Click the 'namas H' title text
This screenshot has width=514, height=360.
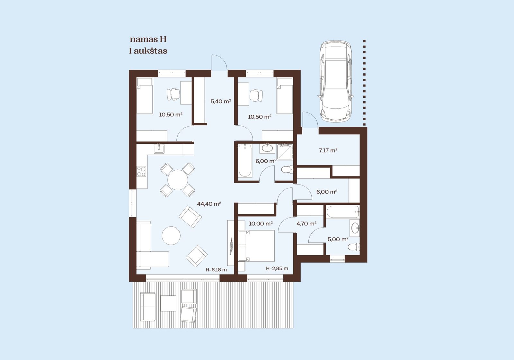pos(148,40)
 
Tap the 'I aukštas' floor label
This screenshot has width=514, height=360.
pos(148,51)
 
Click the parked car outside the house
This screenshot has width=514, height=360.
pos(336,81)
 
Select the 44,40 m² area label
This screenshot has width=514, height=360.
pos(209,204)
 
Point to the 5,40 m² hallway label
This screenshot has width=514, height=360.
pos(220,101)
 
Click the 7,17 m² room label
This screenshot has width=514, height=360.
pos(328,151)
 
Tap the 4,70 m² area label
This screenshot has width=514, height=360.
pos(306,223)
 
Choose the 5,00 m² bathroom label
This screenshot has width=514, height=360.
pos(338,239)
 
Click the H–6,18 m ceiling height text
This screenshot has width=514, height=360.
pos(216,270)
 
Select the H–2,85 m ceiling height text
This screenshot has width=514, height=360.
pos(277,268)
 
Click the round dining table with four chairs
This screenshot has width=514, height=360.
pos(178,180)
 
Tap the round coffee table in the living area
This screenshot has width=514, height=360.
pos(171,236)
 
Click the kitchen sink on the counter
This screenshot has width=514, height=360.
pos(159,148)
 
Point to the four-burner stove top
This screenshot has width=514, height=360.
pos(141,172)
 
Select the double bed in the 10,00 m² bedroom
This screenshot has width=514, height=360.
pos(256,246)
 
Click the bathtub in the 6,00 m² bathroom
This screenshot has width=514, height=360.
pos(245,160)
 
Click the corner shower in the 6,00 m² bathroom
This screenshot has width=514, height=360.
pos(285,152)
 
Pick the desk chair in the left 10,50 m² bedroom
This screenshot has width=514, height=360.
pos(173,94)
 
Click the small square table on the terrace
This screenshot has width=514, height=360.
pos(168,303)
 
